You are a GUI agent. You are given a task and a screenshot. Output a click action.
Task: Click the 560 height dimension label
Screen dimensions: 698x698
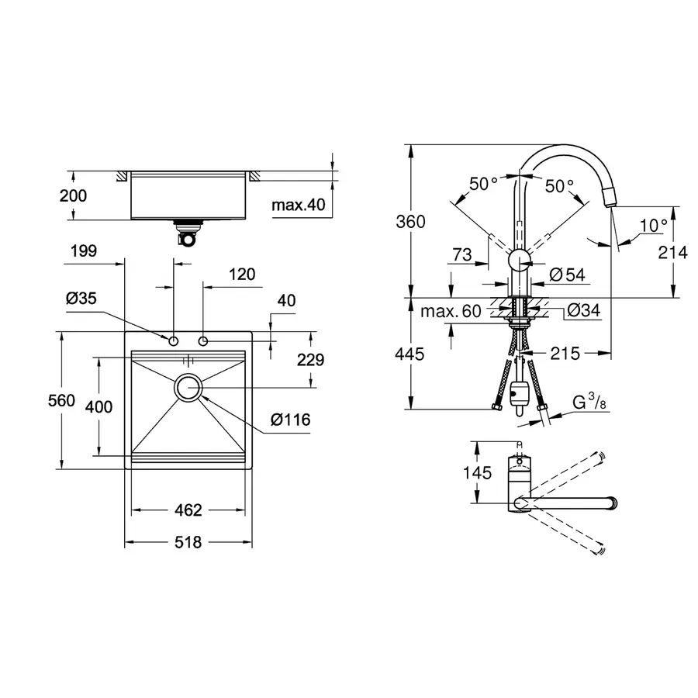click(x=61, y=401)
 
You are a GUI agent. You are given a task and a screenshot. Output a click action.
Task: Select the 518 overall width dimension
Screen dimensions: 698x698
click(x=188, y=543)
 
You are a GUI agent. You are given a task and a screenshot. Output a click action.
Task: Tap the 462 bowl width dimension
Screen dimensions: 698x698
click(x=188, y=510)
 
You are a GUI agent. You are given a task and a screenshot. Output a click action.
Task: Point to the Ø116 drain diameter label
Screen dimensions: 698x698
click(x=290, y=420)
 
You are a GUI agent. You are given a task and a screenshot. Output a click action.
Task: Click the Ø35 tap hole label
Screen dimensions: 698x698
click(x=81, y=298)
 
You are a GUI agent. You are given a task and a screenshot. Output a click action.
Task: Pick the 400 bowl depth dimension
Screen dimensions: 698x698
click(x=100, y=406)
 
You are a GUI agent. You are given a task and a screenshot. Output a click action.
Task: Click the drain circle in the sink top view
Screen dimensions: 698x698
click(x=188, y=387)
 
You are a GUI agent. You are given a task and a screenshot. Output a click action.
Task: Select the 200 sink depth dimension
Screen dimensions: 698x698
click(x=73, y=196)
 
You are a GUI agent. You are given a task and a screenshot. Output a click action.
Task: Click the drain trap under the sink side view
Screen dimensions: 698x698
click(x=186, y=233)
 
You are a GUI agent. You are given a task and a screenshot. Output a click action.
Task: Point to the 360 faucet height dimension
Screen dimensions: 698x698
click(x=410, y=222)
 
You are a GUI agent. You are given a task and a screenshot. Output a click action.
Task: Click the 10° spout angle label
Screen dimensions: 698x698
click(x=654, y=226)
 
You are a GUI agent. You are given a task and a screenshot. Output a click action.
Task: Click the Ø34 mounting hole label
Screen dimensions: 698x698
click(x=582, y=310)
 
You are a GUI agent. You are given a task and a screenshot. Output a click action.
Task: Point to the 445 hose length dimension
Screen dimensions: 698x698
click(x=409, y=354)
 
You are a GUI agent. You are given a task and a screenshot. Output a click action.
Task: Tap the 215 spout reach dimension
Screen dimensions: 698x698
click(x=566, y=354)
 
